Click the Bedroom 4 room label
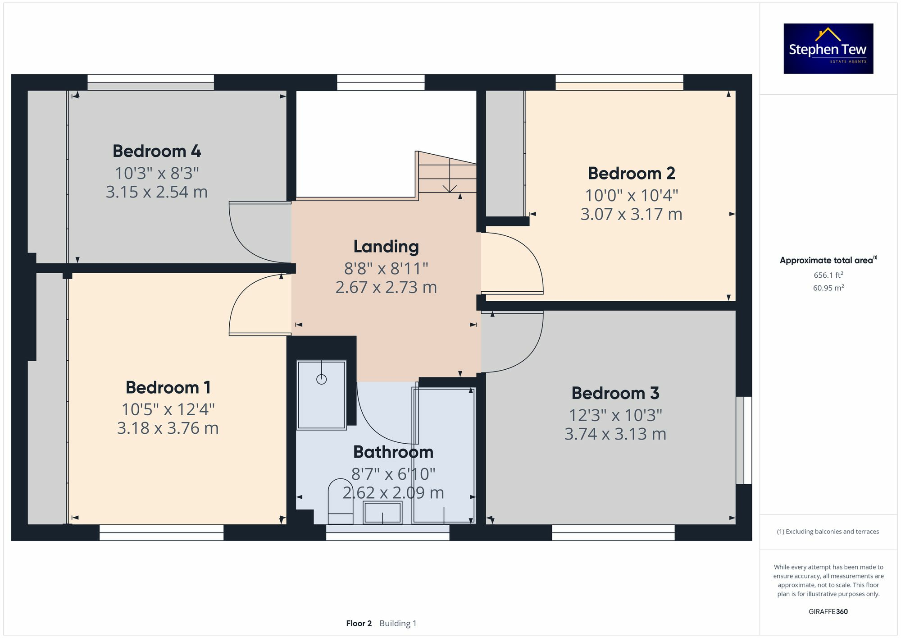pos(157,151)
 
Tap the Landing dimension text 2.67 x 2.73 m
pos(386,287)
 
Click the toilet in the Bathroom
pos(340,503)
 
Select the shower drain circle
pos(321,379)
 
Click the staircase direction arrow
pos(450,187)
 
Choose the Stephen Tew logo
pos(828,49)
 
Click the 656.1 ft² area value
pos(828,275)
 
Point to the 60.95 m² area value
pos(828,288)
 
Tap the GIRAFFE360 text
pos(828,611)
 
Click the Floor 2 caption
pos(359,623)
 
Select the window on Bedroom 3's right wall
pos(744,440)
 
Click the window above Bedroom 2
pos(619,82)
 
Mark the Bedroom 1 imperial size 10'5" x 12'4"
pos(168,409)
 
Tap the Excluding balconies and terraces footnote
pos(828,532)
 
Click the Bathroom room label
pos(393,452)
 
